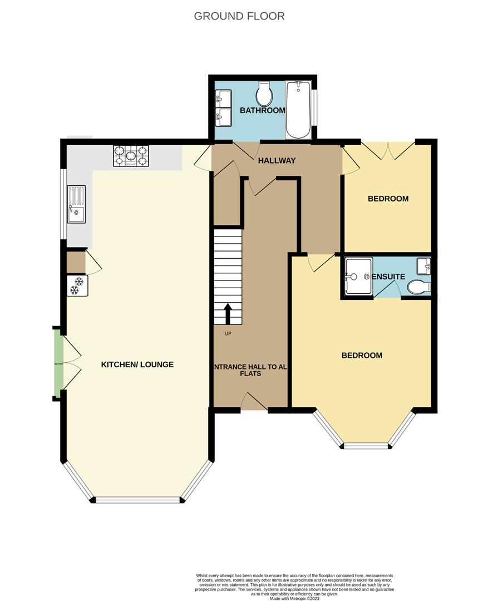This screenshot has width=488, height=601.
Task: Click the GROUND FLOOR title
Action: click(x=239, y=16)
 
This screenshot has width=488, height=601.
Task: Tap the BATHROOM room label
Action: click(x=262, y=111)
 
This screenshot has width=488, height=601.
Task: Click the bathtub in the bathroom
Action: click(x=298, y=110)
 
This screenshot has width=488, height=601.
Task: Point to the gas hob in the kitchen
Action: click(x=131, y=156)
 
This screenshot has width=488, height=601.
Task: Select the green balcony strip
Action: click(x=58, y=363)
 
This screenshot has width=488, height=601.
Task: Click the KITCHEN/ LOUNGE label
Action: click(x=137, y=364)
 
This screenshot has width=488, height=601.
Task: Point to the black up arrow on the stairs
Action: click(x=228, y=313)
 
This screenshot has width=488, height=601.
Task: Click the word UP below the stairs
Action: click(x=228, y=334)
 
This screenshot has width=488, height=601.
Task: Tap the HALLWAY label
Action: click(x=277, y=161)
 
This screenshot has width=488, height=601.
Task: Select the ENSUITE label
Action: click(x=388, y=277)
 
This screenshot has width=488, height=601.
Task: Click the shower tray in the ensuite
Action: click(x=358, y=276)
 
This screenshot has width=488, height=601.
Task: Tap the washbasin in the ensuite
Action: click(x=424, y=265)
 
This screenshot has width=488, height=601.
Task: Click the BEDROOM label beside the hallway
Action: click(x=388, y=199)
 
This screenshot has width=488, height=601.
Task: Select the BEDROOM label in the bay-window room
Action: click(x=362, y=356)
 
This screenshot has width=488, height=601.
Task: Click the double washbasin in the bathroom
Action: click(x=223, y=107)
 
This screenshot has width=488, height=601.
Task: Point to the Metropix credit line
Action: click(x=295, y=598)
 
